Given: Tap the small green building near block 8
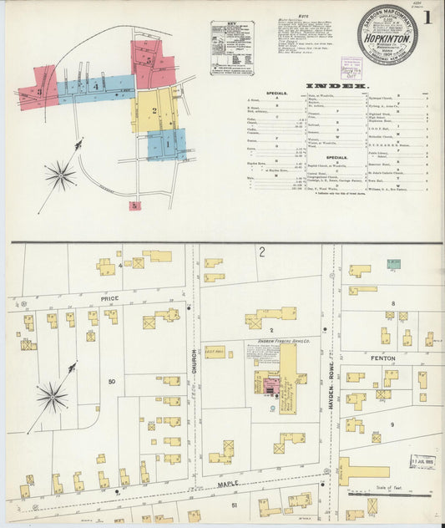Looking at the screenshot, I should click(x=393, y=264).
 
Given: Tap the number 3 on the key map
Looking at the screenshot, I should click(x=38, y=91).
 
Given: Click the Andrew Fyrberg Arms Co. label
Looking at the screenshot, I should click(x=280, y=342).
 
